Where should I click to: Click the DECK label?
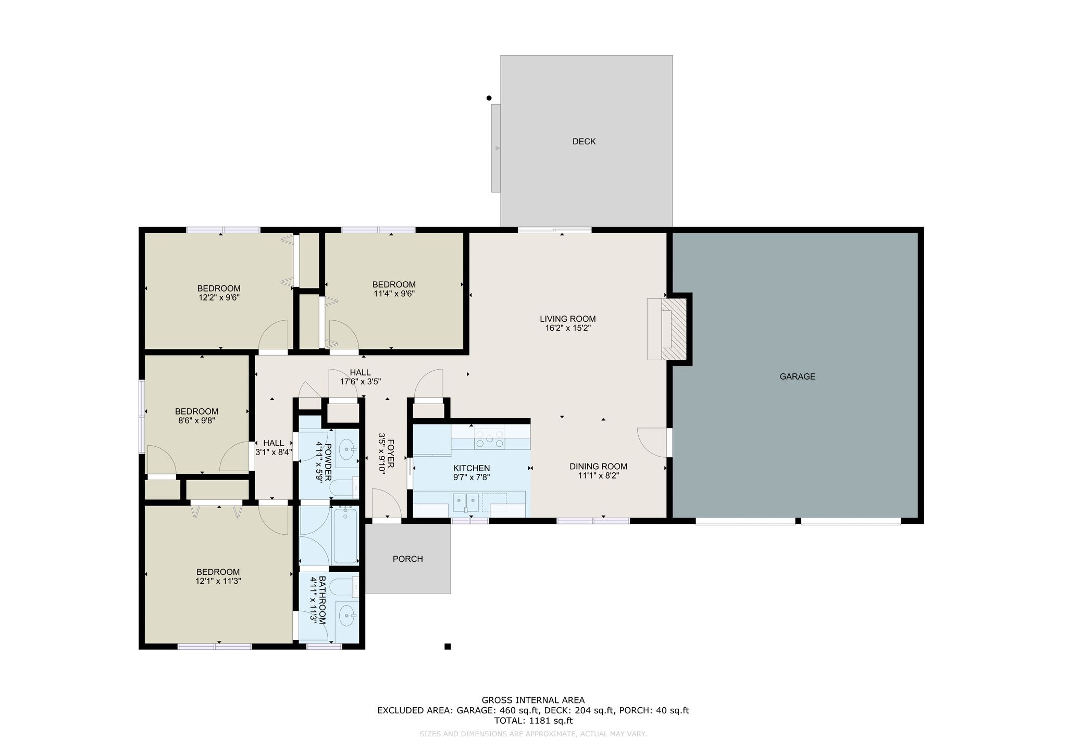point(584,142)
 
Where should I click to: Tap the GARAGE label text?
point(797,376)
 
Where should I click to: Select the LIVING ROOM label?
point(567,319)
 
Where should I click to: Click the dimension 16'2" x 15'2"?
point(567,329)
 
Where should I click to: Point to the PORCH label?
point(407,559)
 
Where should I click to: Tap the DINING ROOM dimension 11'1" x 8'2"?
point(598,476)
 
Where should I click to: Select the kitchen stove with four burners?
point(489,437)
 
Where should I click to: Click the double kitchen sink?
point(466,502)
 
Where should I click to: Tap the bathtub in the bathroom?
point(345,536)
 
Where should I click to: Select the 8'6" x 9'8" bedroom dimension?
point(196,421)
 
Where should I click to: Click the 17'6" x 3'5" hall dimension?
point(361,382)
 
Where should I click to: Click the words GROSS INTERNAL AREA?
point(533,700)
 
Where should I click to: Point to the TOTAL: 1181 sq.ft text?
point(533,721)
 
